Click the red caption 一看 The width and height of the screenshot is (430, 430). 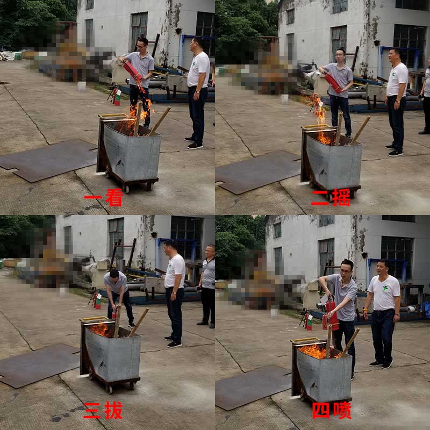(103, 197)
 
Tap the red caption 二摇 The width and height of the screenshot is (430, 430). (331, 197)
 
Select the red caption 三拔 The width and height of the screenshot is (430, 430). (103, 411)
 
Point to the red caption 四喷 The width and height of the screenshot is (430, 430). (332, 410)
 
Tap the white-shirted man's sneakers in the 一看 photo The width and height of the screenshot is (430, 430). (195, 145)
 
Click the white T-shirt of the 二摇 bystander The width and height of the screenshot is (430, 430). (397, 79)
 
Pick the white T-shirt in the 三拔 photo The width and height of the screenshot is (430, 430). (175, 271)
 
